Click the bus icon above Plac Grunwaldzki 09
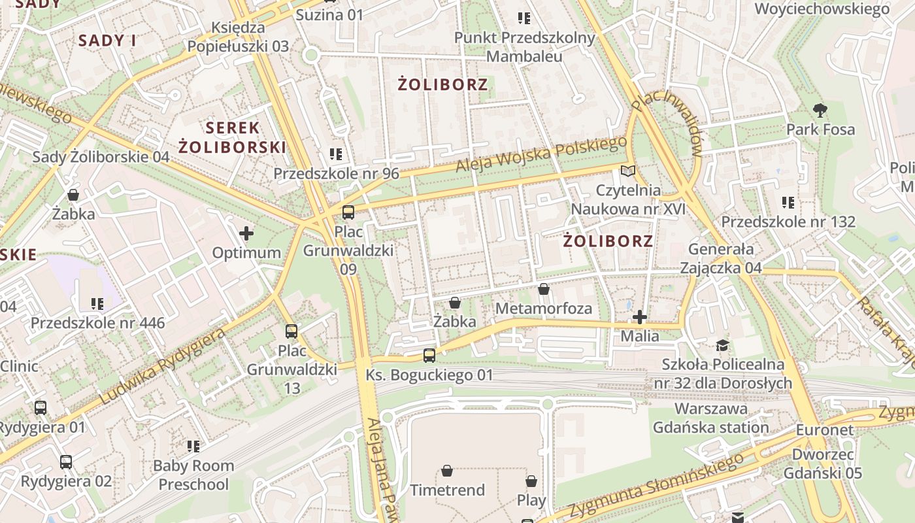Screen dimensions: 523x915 click(x=348, y=212)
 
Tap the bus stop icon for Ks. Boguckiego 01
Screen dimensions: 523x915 click(x=429, y=355)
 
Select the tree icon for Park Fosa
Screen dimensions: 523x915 click(x=820, y=110)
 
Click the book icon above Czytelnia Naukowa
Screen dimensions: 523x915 click(x=627, y=171)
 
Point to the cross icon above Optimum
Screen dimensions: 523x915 click(x=246, y=233)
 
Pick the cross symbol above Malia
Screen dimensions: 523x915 click(x=640, y=317)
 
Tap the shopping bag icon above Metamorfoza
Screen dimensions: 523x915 click(x=544, y=289)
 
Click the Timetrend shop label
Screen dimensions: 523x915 click(x=447, y=490)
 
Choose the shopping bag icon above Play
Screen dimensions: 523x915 click(x=531, y=481)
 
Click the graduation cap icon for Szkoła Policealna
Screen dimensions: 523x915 click(x=722, y=345)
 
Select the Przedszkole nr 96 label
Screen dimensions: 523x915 click(x=336, y=173)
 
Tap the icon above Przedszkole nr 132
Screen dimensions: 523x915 click(x=788, y=203)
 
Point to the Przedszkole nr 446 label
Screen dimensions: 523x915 click(x=97, y=323)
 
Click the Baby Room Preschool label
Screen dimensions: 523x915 click(x=193, y=475)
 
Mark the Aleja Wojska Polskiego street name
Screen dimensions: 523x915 click(x=541, y=156)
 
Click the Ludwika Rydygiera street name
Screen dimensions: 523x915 click(x=163, y=366)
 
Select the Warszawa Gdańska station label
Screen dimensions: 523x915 click(x=711, y=418)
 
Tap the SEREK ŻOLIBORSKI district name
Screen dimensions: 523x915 click(x=233, y=137)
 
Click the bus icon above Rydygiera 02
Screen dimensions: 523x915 click(x=66, y=462)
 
